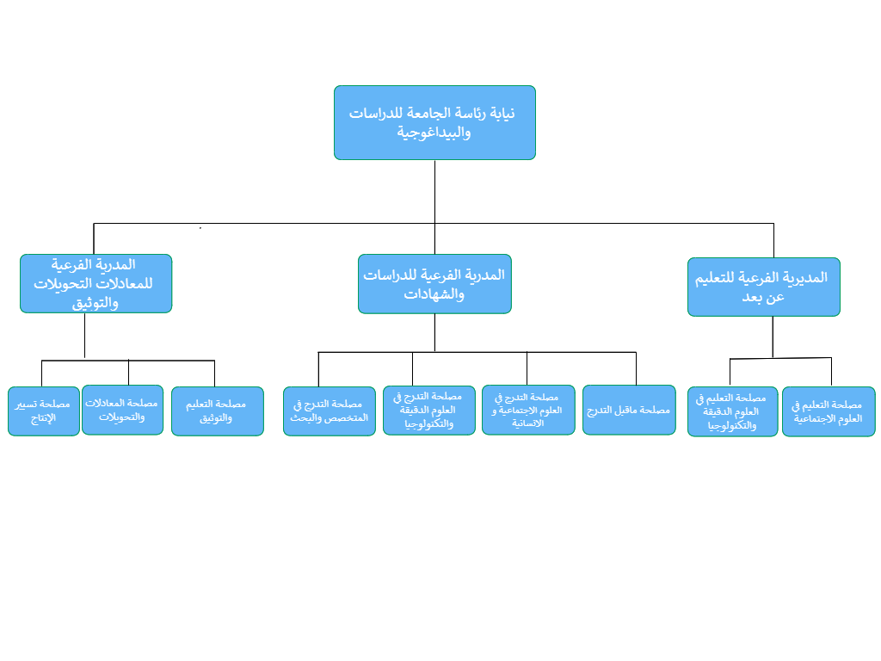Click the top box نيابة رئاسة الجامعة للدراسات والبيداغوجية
[434, 122]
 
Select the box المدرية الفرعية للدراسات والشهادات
[434, 284]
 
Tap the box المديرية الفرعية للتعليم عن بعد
[764, 287]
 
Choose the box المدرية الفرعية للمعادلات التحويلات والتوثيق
[95, 283]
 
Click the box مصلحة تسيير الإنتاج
[44, 411]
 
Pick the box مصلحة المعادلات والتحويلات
[122, 410]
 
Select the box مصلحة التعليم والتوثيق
[218, 411]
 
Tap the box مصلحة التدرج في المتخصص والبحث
[330, 411]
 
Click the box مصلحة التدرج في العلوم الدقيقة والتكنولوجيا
[429, 410]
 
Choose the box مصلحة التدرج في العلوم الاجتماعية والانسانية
[528, 410]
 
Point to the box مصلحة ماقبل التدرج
[629, 410]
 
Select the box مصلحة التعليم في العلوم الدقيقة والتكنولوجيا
[733, 411]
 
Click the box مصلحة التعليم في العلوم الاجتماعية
[829, 411]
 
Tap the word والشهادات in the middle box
[434, 294]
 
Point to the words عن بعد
[763, 297]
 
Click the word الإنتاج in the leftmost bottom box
[43, 418]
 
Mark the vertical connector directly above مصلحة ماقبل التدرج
[636, 368]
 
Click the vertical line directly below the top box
[434, 192]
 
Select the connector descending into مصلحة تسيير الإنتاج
[41, 374]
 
